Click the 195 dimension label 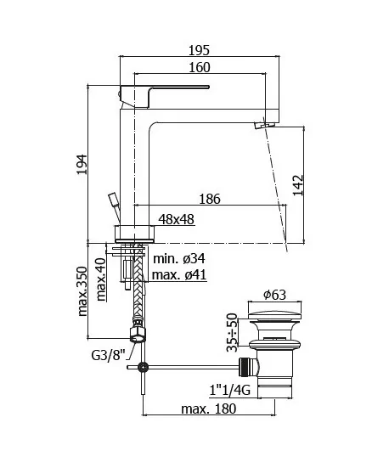click(x=199, y=50)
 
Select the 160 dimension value click(x=200, y=67)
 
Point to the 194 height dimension click(x=82, y=164)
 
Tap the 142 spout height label click(x=298, y=185)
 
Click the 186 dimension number click(x=210, y=199)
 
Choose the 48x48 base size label click(x=177, y=219)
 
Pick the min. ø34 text click(x=179, y=258)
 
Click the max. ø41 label click(x=179, y=274)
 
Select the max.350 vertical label click(x=82, y=291)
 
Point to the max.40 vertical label click(x=101, y=280)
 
